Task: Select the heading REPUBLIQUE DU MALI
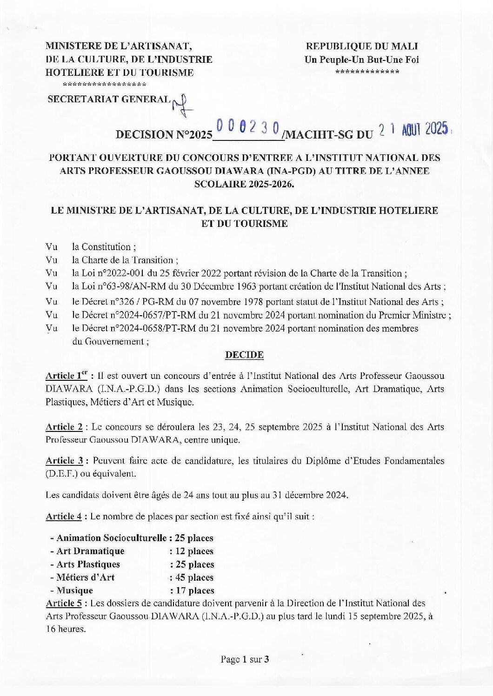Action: tap(361, 46)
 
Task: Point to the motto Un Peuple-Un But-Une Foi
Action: tap(361, 59)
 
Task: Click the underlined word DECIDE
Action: tap(244, 355)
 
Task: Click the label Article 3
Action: tap(64, 461)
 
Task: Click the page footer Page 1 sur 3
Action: tap(245, 659)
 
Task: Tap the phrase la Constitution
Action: tap(103, 247)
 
